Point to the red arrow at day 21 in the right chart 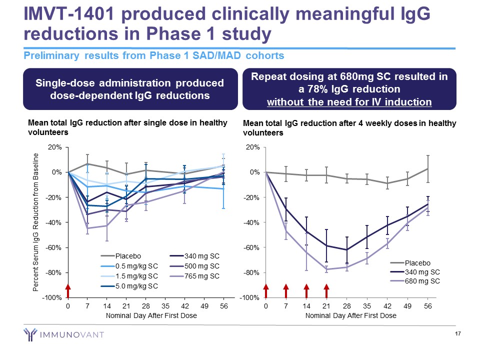[326, 290]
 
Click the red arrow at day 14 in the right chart [306, 290]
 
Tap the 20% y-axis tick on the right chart [252, 147]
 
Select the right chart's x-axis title [350, 315]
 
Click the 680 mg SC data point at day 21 [326, 269]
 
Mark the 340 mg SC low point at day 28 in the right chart [347, 249]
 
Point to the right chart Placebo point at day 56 [428, 168]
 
